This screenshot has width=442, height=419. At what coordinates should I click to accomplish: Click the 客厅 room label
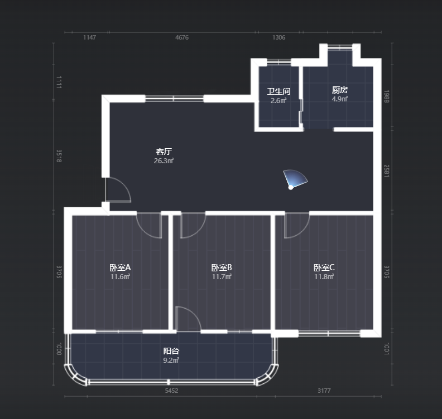click(x=164, y=152)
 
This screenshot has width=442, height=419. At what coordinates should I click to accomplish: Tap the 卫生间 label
click(x=278, y=91)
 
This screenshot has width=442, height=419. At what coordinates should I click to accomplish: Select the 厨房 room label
click(x=340, y=90)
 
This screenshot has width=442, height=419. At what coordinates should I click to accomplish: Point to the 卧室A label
click(x=120, y=267)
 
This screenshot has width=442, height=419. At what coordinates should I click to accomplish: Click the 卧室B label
click(x=222, y=267)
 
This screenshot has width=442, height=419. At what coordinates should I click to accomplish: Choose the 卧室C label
click(x=324, y=267)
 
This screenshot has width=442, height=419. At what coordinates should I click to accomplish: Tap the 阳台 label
click(x=171, y=351)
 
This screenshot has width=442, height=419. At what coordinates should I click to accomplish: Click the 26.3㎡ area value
click(x=164, y=161)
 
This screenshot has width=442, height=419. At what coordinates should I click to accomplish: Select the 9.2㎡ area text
click(x=171, y=360)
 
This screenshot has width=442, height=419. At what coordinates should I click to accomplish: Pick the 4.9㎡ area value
click(x=340, y=99)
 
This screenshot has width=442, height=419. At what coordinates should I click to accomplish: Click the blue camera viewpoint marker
click(x=295, y=179)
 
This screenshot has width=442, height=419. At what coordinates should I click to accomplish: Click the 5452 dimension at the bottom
click(x=171, y=391)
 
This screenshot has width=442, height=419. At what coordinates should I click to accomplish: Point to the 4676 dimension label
click(x=182, y=37)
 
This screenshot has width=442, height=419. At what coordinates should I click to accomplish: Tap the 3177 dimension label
click(x=324, y=391)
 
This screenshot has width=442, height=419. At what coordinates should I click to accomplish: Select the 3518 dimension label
click(x=59, y=156)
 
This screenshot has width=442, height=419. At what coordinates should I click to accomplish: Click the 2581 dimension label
click(x=386, y=171)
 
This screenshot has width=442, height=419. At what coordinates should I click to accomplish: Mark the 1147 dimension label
click(x=89, y=37)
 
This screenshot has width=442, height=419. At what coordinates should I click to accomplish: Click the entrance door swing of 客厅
click(x=118, y=189)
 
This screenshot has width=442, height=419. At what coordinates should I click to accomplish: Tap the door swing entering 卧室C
click(x=297, y=226)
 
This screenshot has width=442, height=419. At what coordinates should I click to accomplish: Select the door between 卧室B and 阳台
click(x=188, y=319)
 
